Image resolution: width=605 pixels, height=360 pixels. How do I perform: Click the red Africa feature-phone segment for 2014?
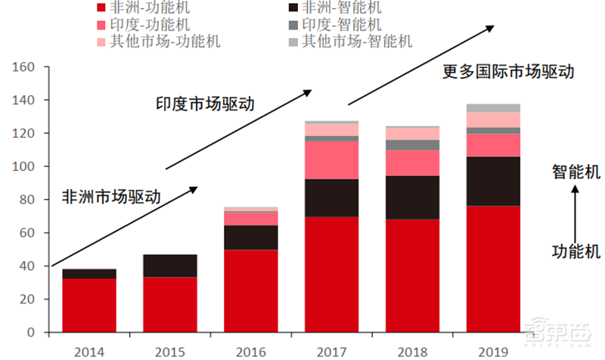tap(89, 306)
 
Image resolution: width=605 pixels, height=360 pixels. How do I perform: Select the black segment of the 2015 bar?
tap(170, 266)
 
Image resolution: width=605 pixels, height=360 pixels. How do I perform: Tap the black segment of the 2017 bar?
tap(332, 198)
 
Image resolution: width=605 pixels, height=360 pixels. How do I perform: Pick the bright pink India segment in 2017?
tap(332, 160)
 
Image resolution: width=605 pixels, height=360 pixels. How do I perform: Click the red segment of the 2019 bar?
tap(494, 269)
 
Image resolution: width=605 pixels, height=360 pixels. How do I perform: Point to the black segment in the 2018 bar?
tap(413, 197)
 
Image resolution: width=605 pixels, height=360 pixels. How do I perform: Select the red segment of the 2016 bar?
tap(251, 291)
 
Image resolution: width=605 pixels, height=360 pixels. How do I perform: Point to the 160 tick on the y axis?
tap(25, 67)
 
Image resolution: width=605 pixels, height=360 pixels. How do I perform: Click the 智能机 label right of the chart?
tap(576, 172)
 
